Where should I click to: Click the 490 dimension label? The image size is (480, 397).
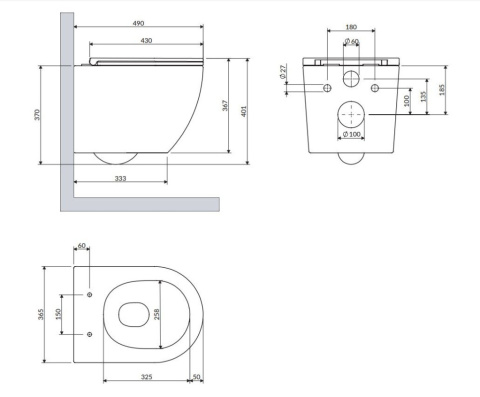click(x=138, y=23)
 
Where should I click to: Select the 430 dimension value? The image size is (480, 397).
click(x=146, y=41)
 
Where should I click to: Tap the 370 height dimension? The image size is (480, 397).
click(x=37, y=115)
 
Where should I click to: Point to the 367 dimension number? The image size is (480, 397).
click(x=226, y=105)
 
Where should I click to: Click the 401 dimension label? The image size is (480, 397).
click(x=244, y=111)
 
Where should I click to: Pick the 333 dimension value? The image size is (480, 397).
click(x=120, y=178)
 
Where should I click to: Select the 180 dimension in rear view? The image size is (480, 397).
click(x=351, y=27)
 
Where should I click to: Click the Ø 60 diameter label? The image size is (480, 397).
click(x=351, y=41)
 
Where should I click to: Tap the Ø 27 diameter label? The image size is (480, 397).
click(x=283, y=72)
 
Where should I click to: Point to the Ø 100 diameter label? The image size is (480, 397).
click(x=351, y=134)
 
